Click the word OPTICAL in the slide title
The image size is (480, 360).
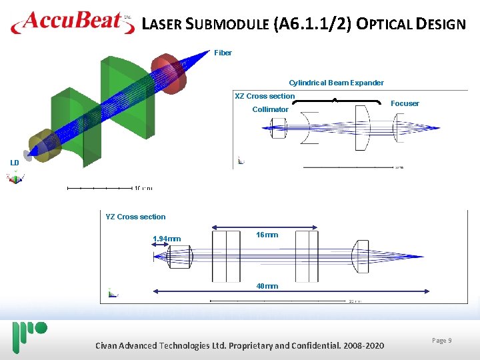pos(387,25)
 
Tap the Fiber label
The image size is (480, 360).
pos(223,53)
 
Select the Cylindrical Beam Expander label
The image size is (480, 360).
pos(336,83)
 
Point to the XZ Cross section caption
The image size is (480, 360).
pos(265,96)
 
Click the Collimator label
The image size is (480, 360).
pos(270,109)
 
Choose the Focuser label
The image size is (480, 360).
pos(405,103)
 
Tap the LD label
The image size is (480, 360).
pos(14,163)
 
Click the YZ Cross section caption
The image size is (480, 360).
pos(135,217)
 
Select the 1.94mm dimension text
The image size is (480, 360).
pos(167,239)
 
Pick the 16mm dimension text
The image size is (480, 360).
pos(267,235)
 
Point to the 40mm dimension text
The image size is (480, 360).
pos(267,286)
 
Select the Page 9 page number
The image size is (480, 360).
pos(441,341)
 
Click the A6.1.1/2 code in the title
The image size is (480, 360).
pos(311,25)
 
